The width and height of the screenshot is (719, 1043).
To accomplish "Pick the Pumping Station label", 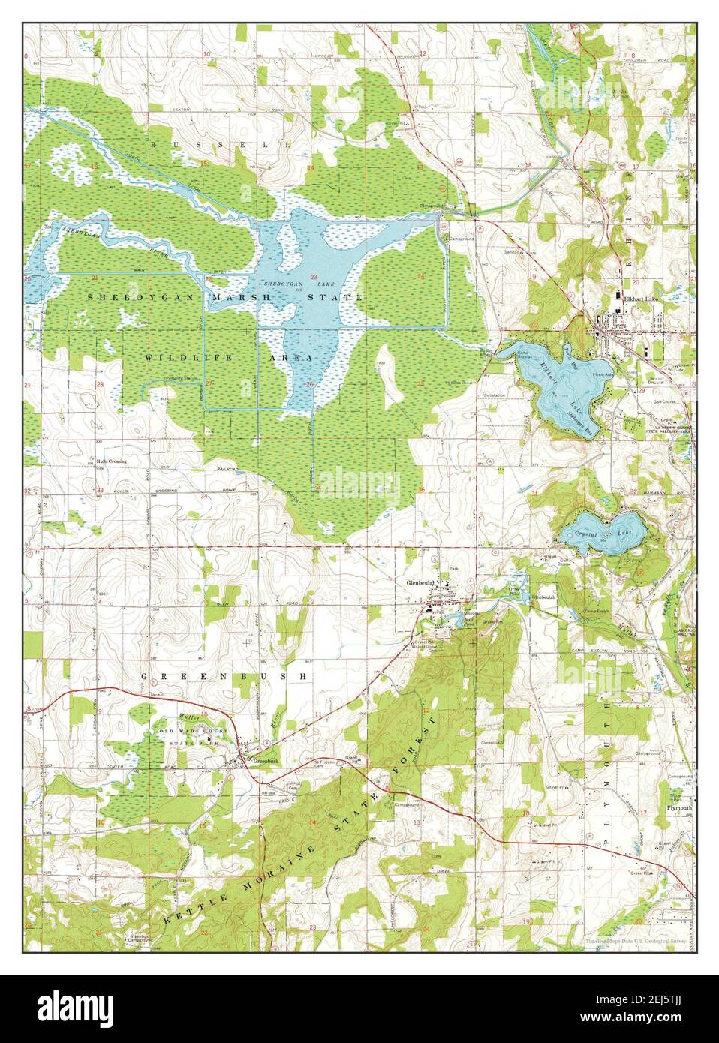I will coord(183,378).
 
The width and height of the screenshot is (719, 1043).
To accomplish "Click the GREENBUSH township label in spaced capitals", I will coord(224,676).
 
